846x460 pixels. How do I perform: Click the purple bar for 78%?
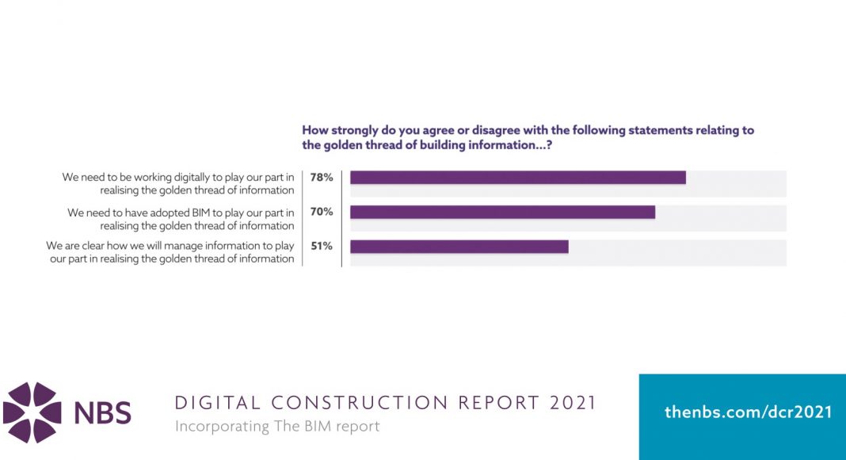(x=518, y=178)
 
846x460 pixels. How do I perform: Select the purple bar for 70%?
(x=502, y=212)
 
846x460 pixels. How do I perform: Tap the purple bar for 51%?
(x=459, y=246)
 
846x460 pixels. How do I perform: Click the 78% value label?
(x=322, y=178)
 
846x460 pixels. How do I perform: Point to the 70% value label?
(x=322, y=212)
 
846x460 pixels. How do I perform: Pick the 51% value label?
(x=322, y=246)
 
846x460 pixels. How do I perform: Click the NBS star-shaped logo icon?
(x=32, y=412)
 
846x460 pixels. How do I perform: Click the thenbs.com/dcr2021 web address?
(x=749, y=412)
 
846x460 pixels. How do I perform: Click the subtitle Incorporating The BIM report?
(x=277, y=427)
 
